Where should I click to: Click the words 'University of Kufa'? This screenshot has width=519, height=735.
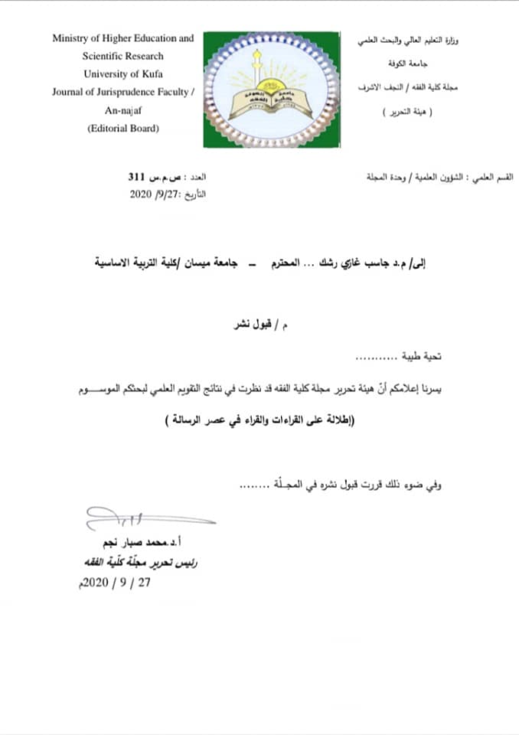pos(122,74)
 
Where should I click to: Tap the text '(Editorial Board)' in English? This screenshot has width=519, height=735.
pos(122,128)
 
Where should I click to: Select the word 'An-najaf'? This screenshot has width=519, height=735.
pos(122,109)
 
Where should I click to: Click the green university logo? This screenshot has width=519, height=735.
pos(271,89)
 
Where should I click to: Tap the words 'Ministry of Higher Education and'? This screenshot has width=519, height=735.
pos(123,38)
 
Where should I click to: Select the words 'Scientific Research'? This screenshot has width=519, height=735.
pos(123,56)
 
